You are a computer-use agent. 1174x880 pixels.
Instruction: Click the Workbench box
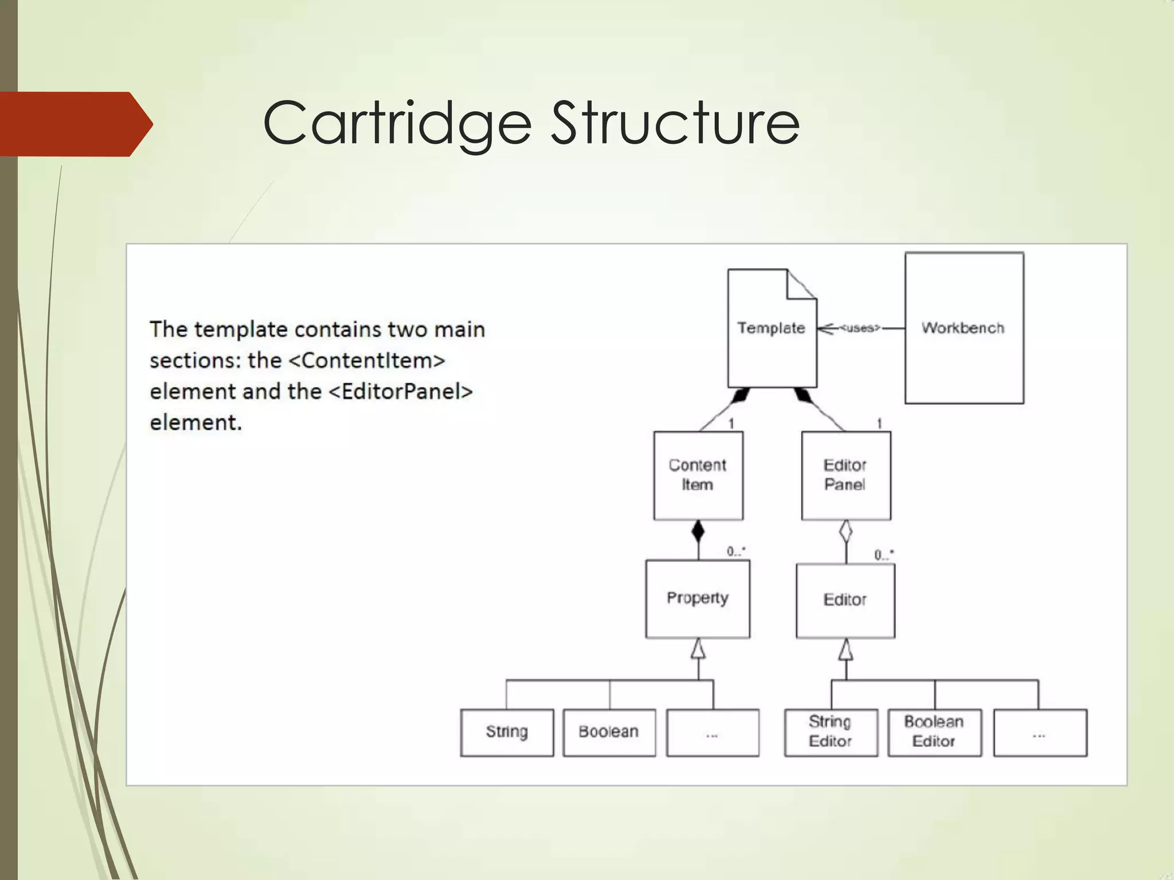click(x=964, y=328)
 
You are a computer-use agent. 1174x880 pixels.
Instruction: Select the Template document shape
click(x=771, y=328)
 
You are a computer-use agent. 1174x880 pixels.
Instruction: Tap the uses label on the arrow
click(x=859, y=328)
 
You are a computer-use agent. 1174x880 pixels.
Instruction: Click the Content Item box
click(x=698, y=475)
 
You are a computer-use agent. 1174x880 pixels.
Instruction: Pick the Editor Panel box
click(x=846, y=475)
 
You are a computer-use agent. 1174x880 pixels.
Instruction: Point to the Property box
click(x=697, y=598)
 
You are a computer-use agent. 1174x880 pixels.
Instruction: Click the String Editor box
click(x=831, y=732)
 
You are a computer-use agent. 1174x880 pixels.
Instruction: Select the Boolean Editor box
click(x=934, y=732)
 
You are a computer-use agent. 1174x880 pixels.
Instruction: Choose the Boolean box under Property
click(x=609, y=732)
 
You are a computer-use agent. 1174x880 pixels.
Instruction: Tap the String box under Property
click(x=507, y=732)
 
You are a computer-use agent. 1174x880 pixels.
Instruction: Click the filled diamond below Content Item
click(x=698, y=532)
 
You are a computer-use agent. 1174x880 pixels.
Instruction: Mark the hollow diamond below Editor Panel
click(x=846, y=532)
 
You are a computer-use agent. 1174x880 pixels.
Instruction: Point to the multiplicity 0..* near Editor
click(x=883, y=555)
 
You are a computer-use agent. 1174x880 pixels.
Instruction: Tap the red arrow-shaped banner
click(x=75, y=124)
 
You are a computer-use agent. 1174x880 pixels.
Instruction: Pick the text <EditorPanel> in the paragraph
click(x=401, y=391)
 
